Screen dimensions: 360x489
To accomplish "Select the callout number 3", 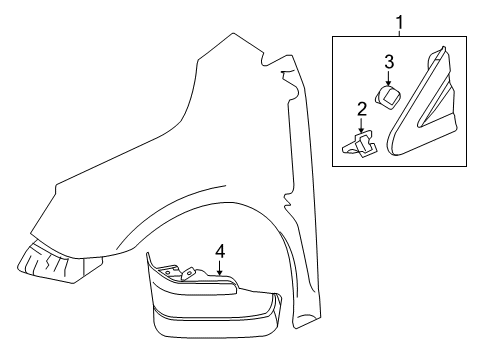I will (x=390, y=62).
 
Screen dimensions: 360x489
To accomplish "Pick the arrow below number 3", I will (x=390, y=77).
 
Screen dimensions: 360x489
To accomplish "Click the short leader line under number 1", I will (x=400, y=30).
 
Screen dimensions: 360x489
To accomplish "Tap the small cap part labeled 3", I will (x=388, y=97).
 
